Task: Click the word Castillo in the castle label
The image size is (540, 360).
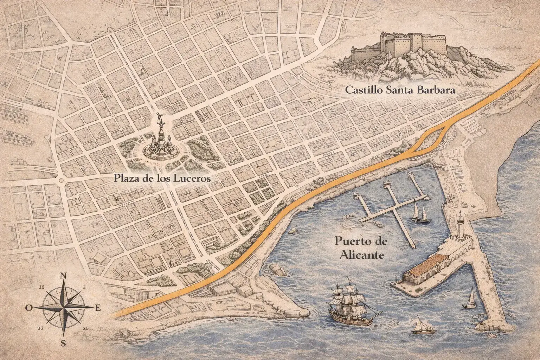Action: click(x=364, y=90)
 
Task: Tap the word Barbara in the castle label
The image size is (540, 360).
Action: click(x=438, y=90)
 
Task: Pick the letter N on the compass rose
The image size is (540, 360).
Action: click(x=64, y=276)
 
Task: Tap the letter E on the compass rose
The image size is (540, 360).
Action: click(x=98, y=308)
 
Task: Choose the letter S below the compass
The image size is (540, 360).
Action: click(x=63, y=343)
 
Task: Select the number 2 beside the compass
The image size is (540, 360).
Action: click(x=84, y=287)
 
